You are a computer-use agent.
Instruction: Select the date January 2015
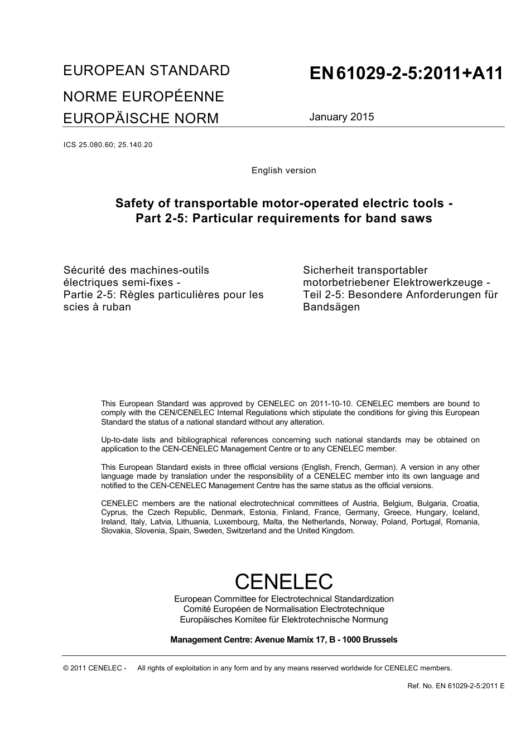pos(341,117)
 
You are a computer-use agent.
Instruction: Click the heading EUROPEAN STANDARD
pos(146,71)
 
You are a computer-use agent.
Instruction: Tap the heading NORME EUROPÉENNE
pos(143,96)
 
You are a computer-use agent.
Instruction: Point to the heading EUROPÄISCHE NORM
pos(141,119)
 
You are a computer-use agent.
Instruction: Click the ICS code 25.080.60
pos(95,145)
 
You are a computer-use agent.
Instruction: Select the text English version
pos(283,171)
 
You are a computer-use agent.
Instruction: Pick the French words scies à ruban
pos(97,307)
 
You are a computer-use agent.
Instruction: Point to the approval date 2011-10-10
pos(330,403)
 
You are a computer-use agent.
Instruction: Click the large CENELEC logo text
pos(283,581)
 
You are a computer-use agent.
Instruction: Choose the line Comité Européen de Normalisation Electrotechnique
pos(283,609)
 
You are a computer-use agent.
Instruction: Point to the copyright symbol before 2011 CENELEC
pos(66,668)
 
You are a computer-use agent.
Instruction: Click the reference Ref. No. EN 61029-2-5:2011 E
pos(456,686)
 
